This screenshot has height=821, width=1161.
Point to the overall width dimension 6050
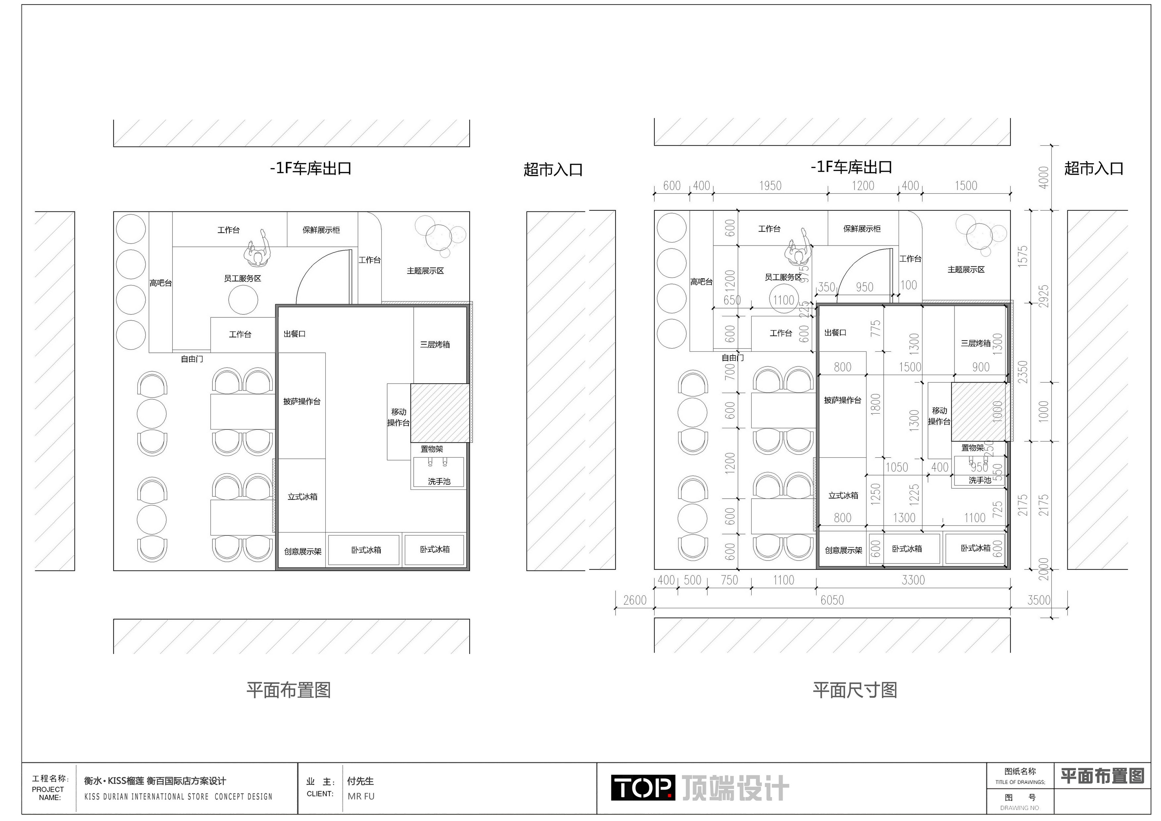832,600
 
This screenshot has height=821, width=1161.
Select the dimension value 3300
913,580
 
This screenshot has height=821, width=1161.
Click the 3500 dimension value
1039,600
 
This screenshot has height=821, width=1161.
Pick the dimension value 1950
770,186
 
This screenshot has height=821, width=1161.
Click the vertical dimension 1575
1022,256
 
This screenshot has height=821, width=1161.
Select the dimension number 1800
875,404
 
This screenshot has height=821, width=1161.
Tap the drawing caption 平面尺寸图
855,690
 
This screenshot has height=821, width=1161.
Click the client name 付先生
360,781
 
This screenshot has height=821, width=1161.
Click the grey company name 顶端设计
735,788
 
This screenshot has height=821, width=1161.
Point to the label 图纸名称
1020,771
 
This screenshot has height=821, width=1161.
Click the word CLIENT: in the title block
320,794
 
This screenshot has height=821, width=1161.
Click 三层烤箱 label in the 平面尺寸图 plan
975,343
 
